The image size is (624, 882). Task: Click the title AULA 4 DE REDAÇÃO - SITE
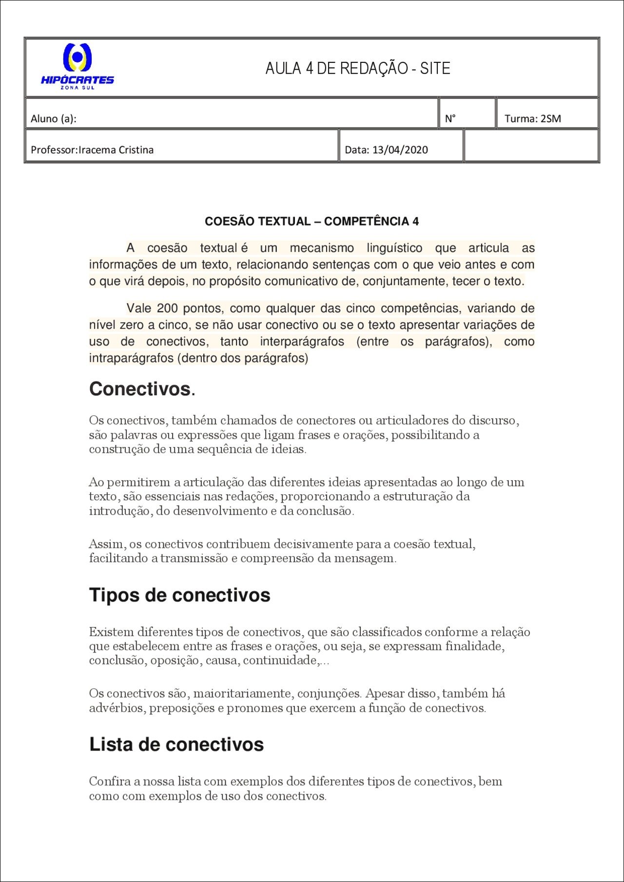tap(357, 68)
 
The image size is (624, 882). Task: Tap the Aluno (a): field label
tap(54, 118)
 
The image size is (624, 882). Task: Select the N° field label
tap(450, 118)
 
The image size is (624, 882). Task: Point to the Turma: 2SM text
tap(532, 118)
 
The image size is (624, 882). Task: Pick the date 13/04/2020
tap(400, 150)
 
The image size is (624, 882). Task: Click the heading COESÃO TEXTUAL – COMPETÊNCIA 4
tap(312, 221)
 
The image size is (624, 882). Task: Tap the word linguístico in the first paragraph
tap(394, 248)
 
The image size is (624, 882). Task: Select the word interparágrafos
tap(302, 341)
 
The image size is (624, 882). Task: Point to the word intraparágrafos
tap(131, 358)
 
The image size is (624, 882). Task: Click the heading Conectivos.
tap(142, 389)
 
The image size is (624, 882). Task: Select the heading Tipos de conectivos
tap(179, 595)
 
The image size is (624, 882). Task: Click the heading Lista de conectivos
tap(176, 744)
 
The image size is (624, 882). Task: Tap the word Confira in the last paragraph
tap(108, 781)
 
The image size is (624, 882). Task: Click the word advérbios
tap(117, 708)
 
